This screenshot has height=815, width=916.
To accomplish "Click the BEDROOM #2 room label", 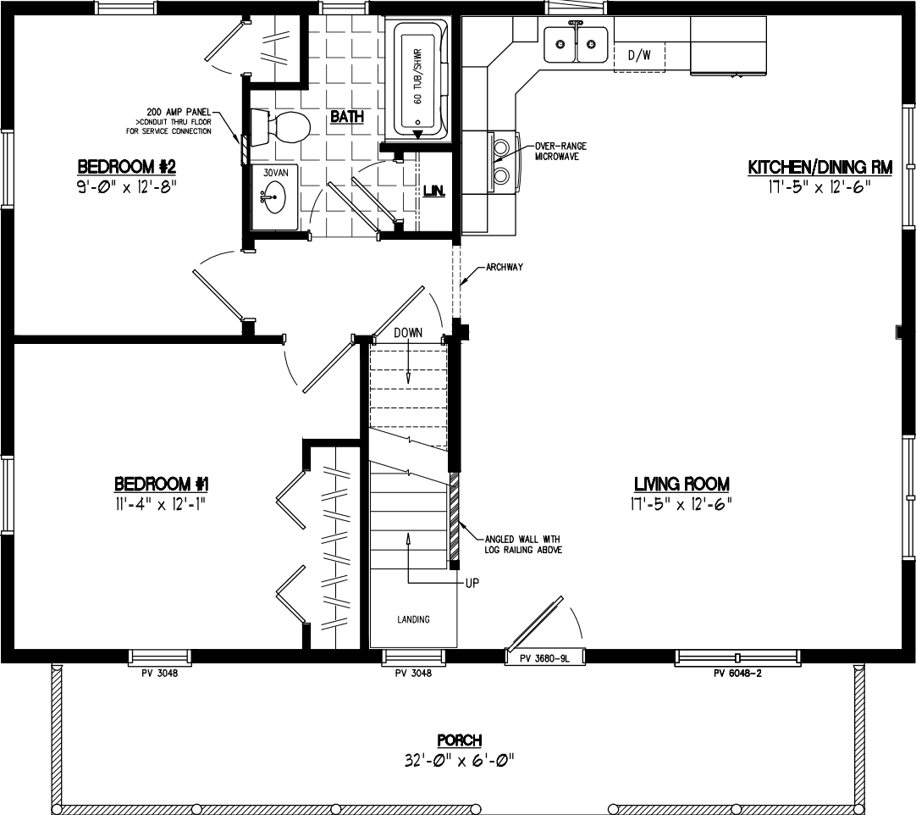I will [127, 164].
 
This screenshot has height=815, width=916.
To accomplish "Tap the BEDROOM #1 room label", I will [162, 484].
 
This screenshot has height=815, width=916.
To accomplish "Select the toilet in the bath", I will [284, 127].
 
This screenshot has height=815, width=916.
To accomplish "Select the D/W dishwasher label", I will [639, 56].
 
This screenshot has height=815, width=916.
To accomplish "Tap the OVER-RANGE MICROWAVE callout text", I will [560, 151].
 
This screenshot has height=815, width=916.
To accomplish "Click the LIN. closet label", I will [434, 190].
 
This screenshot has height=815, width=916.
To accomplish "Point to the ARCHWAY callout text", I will [505, 267].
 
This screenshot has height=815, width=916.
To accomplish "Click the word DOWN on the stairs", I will [408, 333].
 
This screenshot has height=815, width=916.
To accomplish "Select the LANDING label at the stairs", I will [414, 619].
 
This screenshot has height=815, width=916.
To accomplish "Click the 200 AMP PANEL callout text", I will [179, 112].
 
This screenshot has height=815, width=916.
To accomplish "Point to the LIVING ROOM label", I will [681, 484].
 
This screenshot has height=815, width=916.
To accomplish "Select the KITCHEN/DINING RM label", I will [819, 168].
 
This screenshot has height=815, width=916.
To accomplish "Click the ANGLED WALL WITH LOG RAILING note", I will [522, 544].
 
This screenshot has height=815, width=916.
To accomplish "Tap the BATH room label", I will [347, 117].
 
